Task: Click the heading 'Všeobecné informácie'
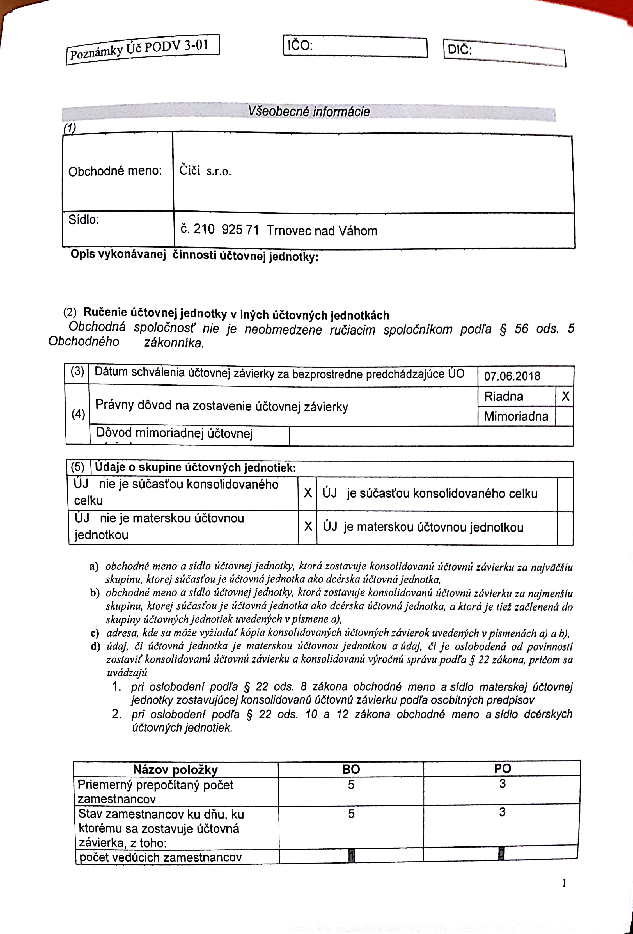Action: (x=309, y=111)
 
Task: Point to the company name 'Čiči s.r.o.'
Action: (x=205, y=171)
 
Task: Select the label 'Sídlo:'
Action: (x=84, y=219)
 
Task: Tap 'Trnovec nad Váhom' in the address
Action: (x=322, y=231)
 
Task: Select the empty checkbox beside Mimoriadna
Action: (x=564, y=416)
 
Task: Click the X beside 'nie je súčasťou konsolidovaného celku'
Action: (x=308, y=493)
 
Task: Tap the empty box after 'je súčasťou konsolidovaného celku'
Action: (x=565, y=494)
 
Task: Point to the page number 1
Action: (x=564, y=883)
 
